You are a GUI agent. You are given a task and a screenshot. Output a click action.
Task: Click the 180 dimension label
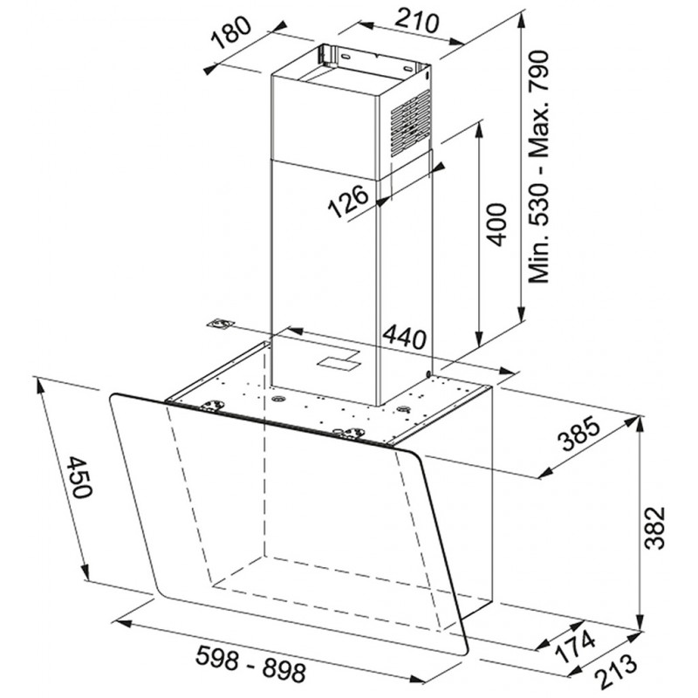click(231, 33)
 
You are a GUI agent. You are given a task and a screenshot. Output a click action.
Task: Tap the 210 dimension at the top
click(417, 21)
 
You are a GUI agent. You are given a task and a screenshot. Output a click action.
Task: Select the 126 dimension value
click(348, 202)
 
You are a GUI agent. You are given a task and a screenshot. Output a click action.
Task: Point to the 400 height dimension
click(496, 224)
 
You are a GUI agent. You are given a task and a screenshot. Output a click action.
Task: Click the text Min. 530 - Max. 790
click(538, 167)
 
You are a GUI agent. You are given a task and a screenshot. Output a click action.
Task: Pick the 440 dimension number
click(404, 336)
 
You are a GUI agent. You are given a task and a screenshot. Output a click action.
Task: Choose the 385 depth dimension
click(579, 434)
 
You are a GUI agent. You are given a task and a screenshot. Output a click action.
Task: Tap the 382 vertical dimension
click(655, 528)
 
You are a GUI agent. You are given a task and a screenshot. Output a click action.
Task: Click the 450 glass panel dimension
click(79, 477)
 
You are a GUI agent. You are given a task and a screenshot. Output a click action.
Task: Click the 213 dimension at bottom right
click(617, 672)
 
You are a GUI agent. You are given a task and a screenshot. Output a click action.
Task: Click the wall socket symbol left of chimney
click(221, 324)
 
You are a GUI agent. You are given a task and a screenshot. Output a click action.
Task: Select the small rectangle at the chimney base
click(339, 359)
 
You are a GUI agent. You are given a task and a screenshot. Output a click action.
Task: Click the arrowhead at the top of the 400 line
click(479, 127)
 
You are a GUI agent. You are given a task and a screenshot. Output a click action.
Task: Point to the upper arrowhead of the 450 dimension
click(40, 387)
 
